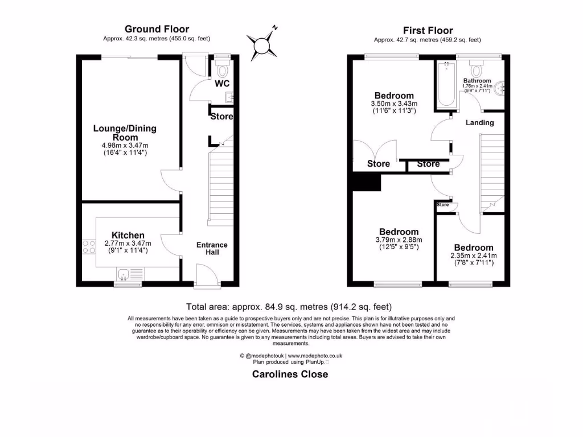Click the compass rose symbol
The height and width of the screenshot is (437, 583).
(x=262, y=44)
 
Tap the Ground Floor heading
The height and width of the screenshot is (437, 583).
(x=157, y=29)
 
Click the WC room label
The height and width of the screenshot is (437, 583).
(x=222, y=84)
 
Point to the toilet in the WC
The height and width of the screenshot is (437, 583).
(x=222, y=70)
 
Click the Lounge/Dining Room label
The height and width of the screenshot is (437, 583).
(x=125, y=133)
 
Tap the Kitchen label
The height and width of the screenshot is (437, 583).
(x=128, y=235)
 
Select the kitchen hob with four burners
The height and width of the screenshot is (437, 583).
(x=89, y=246)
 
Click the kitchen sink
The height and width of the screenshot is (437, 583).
(x=125, y=273)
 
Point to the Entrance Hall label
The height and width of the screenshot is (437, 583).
(x=212, y=248)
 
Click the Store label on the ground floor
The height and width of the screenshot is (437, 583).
(x=222, y=117)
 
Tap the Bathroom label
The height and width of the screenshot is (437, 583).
(x=477, y=81)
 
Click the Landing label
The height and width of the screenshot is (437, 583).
(x=479, y=122)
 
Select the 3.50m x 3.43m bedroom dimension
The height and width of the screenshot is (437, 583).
(x=394, y=104)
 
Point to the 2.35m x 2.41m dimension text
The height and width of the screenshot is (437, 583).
(x=474, y=255)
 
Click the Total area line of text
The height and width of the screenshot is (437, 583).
(x=289, y=306)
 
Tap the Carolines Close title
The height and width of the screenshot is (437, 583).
(x=290, y=374)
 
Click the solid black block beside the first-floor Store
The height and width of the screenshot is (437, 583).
(x=366, y=182)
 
